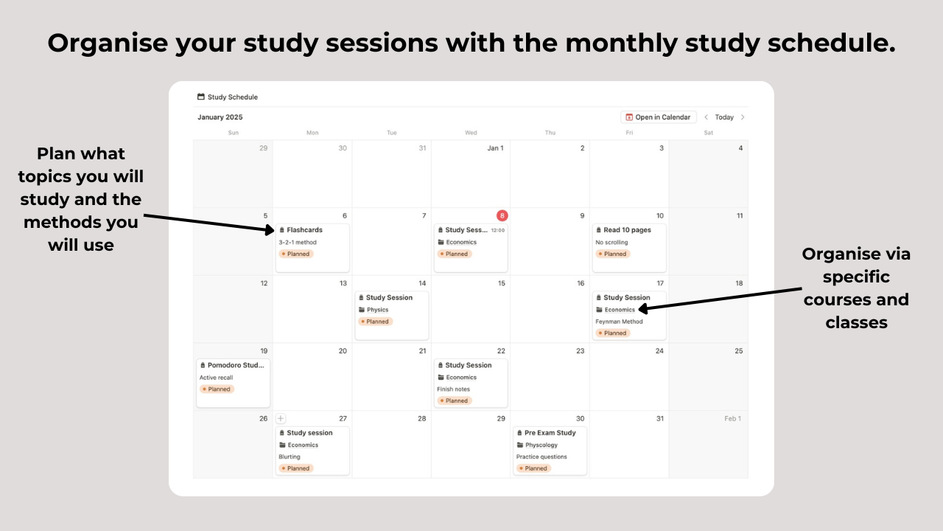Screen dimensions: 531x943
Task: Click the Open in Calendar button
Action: click(659, 117)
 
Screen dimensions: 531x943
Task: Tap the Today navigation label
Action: click(724, 117)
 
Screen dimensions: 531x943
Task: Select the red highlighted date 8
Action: click(502, 215)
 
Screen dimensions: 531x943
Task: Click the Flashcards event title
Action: click(304, 230)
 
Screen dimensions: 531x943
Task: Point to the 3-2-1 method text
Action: click(298, 242)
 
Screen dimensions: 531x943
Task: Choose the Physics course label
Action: click(377, 310)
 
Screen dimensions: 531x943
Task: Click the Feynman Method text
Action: click(619, 322)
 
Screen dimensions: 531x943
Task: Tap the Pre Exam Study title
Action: click(550, 433)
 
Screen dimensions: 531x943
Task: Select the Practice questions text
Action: click(541, 457)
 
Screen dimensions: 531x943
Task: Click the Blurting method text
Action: click(290, 457)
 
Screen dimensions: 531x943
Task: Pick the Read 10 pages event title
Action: click(627, 230)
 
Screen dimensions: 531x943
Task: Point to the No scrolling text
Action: click(611, 242)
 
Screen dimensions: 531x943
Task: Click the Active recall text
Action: click(216, 378)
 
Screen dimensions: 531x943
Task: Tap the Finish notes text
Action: click(453, 389)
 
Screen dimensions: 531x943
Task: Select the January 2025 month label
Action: click(220, 117)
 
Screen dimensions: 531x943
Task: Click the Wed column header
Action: click(471, 133)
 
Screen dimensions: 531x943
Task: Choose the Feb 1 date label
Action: click(732, 418)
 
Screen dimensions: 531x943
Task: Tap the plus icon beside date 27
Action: click(281, 418)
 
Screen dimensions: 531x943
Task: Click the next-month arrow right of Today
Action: click(743, 117)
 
